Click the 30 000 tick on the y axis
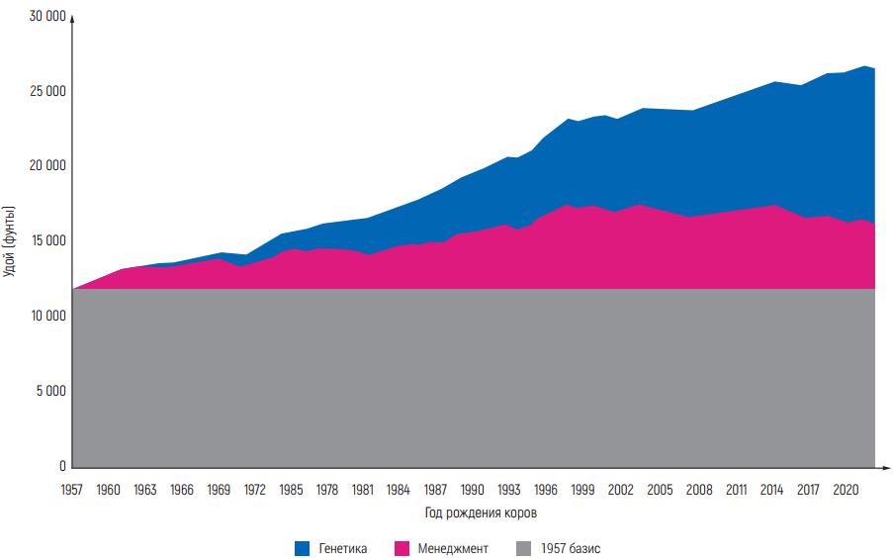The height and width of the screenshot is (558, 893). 46,17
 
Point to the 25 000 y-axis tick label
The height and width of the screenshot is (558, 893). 46,92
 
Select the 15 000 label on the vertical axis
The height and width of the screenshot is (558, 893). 46,241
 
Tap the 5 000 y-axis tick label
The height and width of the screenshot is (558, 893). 49,391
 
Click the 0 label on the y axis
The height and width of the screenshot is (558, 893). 61,466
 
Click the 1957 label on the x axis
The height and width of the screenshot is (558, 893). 72,489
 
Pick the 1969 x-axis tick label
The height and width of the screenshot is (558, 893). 218,489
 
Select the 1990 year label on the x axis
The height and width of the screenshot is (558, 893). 473,489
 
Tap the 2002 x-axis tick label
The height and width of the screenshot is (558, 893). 621,489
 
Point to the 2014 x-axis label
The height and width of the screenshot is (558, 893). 772,489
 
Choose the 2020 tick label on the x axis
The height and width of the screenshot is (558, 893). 846,489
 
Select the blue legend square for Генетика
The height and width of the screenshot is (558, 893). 302,547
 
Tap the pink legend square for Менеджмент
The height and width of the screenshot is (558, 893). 402,547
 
